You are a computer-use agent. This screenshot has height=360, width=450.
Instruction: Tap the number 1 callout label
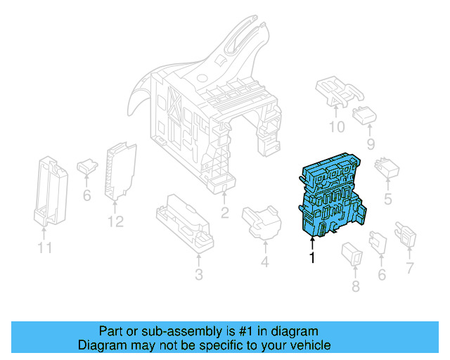pos(311,258)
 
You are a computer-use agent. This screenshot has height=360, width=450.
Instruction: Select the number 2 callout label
pos(224,213)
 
